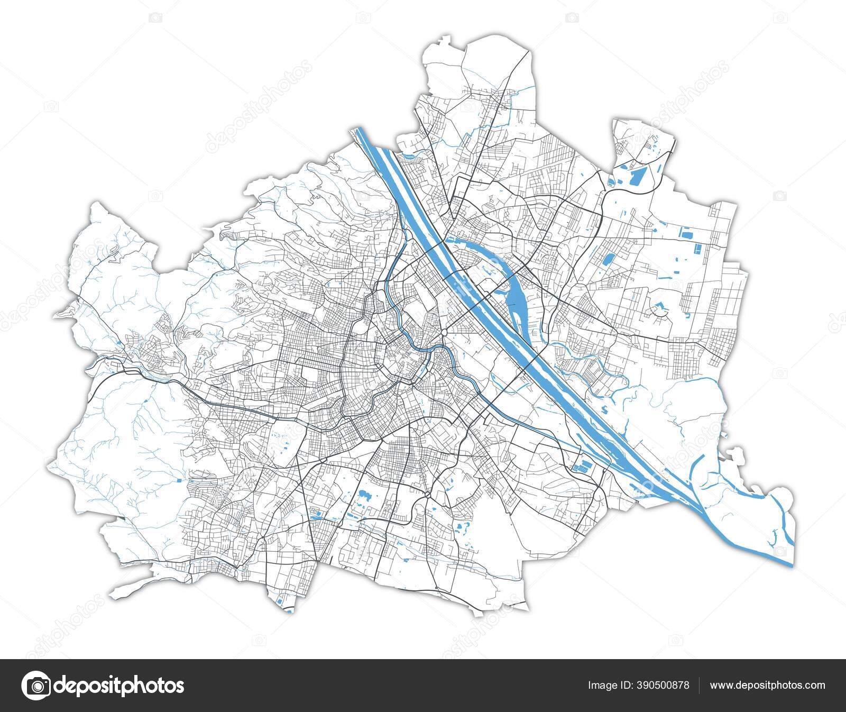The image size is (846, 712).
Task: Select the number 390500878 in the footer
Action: click(x=661, y=686)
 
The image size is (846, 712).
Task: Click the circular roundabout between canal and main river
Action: click(x=447, y=332)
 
